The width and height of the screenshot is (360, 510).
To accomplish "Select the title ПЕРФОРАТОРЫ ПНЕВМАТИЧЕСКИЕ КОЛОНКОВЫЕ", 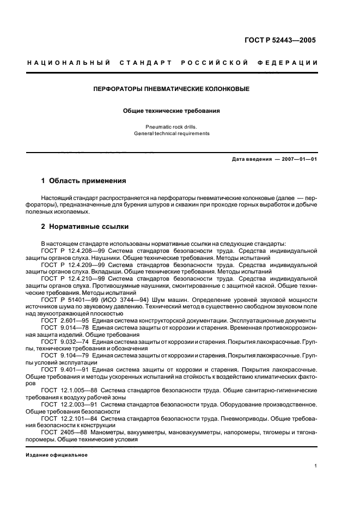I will [x=172, y=88].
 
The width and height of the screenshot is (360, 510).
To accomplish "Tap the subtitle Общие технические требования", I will [x=172, y=111].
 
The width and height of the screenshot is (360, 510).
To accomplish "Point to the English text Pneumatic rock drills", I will [x=172, y=126].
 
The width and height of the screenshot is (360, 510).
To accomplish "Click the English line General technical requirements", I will [x=172, y=133].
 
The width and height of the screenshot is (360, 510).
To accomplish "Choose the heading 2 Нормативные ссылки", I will [x=85, y=226].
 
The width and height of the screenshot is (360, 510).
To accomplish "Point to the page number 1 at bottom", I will [x=316, y=466].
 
